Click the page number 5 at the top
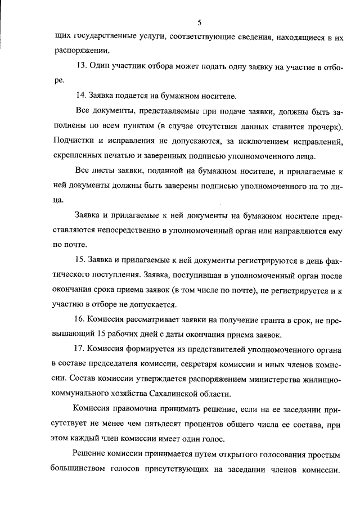[x=200, y=22]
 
